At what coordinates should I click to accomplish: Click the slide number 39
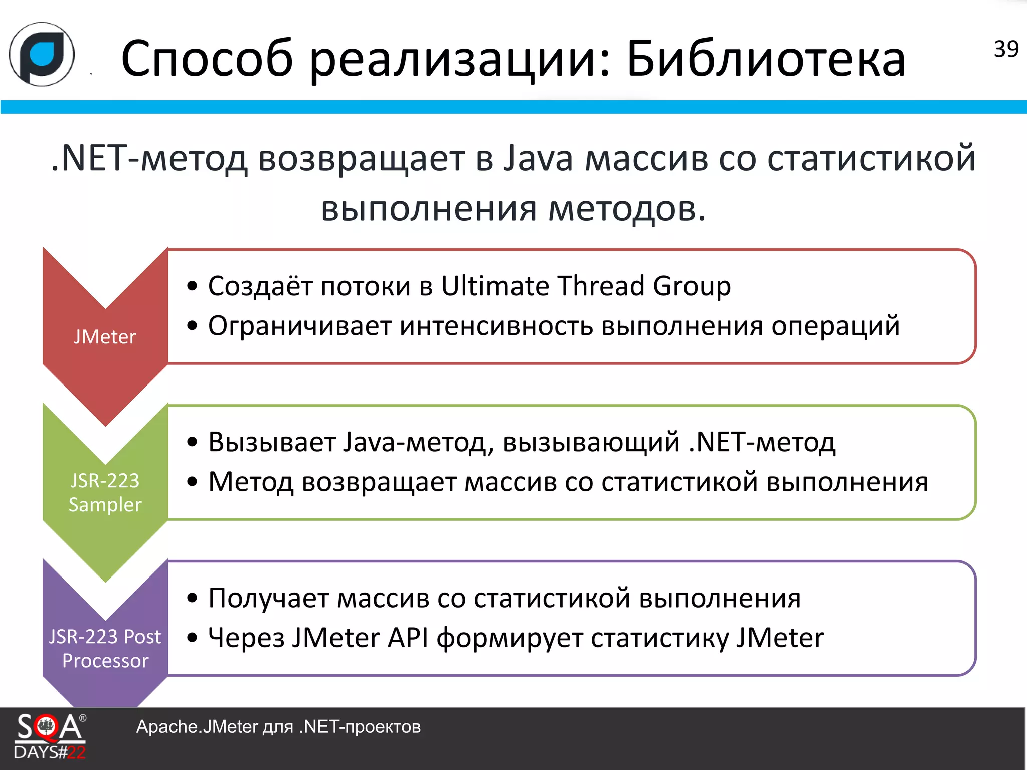click(x=1005, y=49)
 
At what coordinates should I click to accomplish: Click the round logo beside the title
click(x=42, y=54)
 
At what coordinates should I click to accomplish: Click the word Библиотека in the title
click(x=766, y=59)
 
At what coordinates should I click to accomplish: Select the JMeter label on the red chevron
click(x=105, y=337)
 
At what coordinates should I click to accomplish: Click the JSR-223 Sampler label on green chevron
click(x=105, y=492)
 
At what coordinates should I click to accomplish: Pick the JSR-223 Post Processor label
click(x=105, y=648)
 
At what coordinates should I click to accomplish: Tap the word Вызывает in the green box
click(x=271, y=443)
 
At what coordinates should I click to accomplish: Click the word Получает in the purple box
click(x=268, y=599)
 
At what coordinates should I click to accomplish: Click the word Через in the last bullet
click(x=246, y=638)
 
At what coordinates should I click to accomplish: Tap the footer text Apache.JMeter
click(x=197, y=727)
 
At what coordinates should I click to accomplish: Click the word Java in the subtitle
click(x=537, y=159)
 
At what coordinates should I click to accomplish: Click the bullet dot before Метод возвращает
click(x=192, y=482)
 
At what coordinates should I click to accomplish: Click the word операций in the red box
click(x=835, y=326)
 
